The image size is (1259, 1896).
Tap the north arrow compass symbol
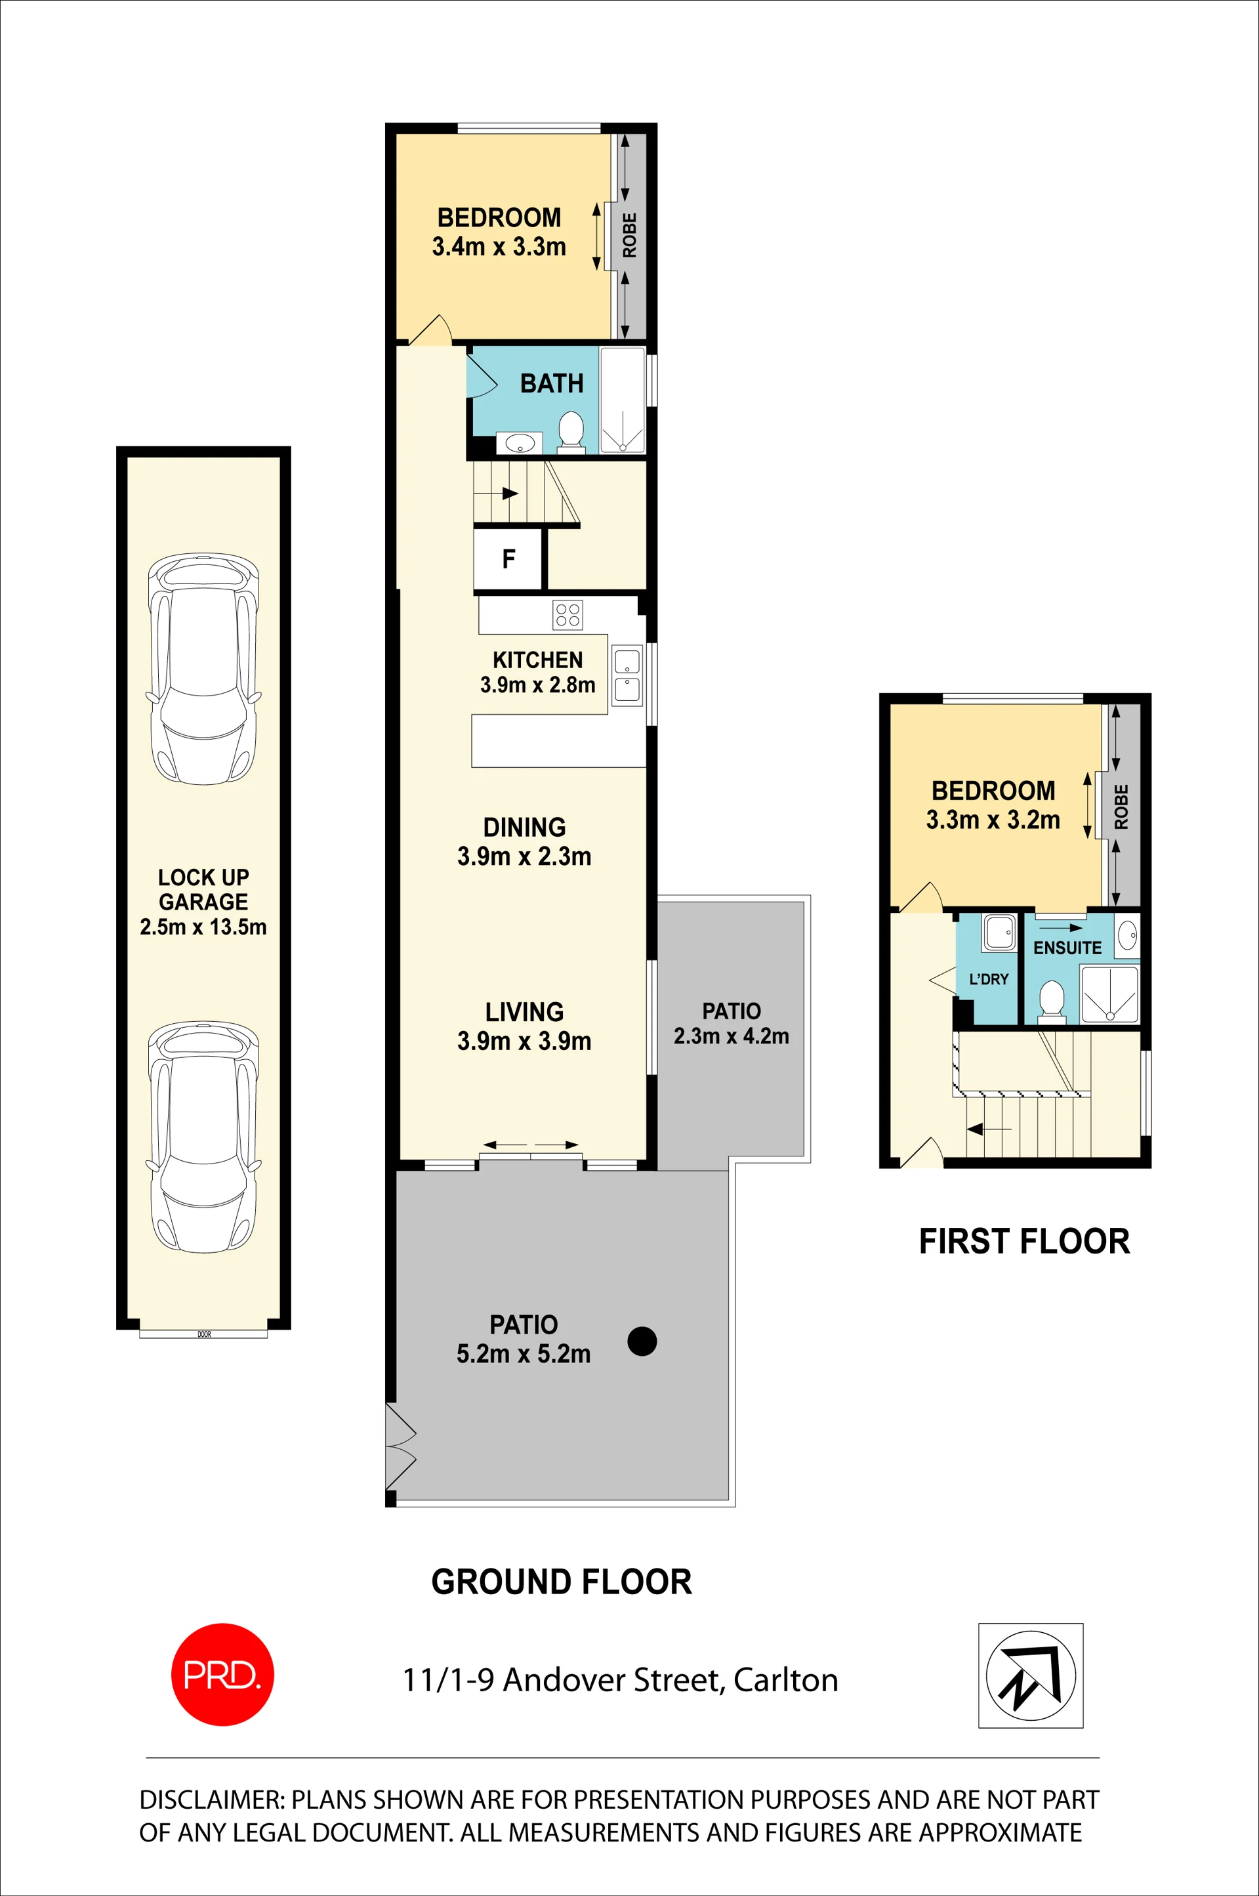(x=1030, y=1675)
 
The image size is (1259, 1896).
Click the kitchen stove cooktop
(x=568, y=615)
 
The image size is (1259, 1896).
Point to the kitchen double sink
(x=627, y=675)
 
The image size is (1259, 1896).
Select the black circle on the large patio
(x=642, y=1340)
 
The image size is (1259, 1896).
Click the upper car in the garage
(x=203, y=668)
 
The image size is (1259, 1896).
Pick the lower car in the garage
(x=203, y=1137)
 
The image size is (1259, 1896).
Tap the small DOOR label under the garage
(x=204, y=1334)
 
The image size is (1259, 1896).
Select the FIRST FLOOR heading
(x=1023, y=1241)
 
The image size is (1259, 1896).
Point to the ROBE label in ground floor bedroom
(x=630, y=236)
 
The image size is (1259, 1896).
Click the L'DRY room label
(x=989, y=979)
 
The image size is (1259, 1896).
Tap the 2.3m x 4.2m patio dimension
(x=731, y=1036)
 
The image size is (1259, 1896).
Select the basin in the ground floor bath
(x=520, y=442)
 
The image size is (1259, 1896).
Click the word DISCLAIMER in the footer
(x=212, y=1800)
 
